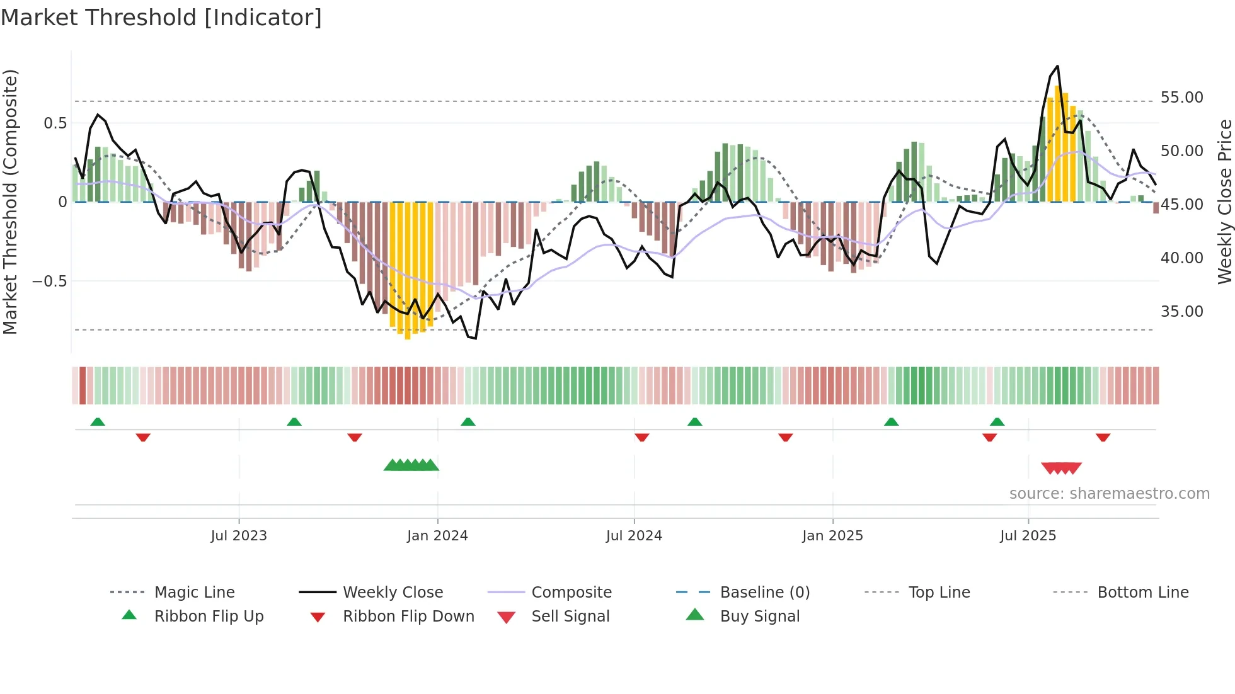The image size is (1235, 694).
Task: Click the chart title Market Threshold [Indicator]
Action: coord(161,18)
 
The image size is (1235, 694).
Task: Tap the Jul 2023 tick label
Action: coord(239,536)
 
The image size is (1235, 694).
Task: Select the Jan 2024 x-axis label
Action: coord(437,536)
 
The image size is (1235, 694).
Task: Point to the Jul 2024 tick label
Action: coord(634,536)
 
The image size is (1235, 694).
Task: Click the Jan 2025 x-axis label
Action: coord(832,536)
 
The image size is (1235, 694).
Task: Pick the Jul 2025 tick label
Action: coord(1028,536)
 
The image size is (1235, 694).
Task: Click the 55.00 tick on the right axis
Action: coord(1181,98)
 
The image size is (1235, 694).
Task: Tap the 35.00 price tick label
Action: coord(1181,312)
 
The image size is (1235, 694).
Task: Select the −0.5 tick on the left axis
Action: coord(50,281)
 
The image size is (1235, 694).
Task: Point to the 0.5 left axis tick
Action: coord(55,123)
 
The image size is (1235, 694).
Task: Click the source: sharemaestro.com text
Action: coord(1109,494)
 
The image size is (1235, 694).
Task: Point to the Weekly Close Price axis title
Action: coord(1224,202)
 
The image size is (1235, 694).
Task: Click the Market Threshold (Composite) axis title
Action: coord(11,202)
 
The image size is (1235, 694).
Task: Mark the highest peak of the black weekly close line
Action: coord(1057,66)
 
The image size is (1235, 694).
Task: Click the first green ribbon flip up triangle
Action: coord(98,422)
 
